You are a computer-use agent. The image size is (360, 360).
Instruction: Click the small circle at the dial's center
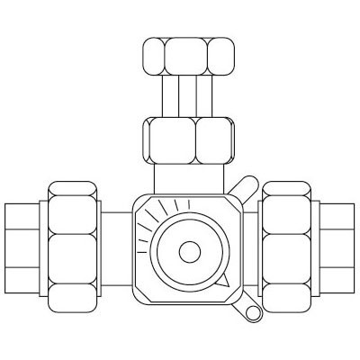(x=190, y=252)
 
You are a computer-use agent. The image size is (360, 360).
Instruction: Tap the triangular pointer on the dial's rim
(x=226, y=282)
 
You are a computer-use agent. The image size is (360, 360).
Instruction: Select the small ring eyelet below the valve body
(x=249, y=310)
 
